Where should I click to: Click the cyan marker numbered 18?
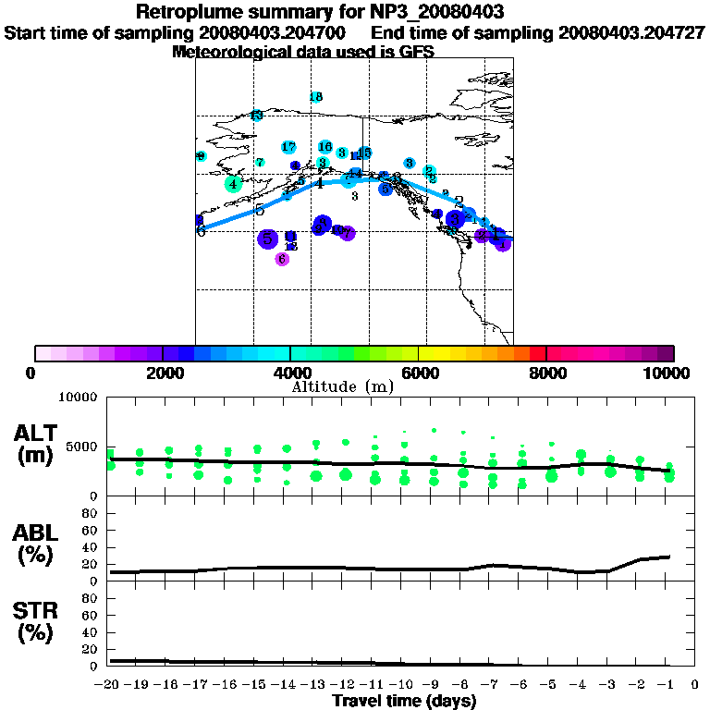pos(316,97)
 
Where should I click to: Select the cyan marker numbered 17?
pos(288,147)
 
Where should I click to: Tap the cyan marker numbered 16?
pos(324,147)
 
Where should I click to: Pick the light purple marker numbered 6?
pos(282,259)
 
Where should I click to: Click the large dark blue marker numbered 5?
pos(267,239)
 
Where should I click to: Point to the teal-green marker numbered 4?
pos(233,184)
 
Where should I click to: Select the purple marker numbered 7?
pos(347,233)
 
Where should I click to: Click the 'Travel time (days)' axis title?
pos(404,701)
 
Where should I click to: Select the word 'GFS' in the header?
pos(418,52)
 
